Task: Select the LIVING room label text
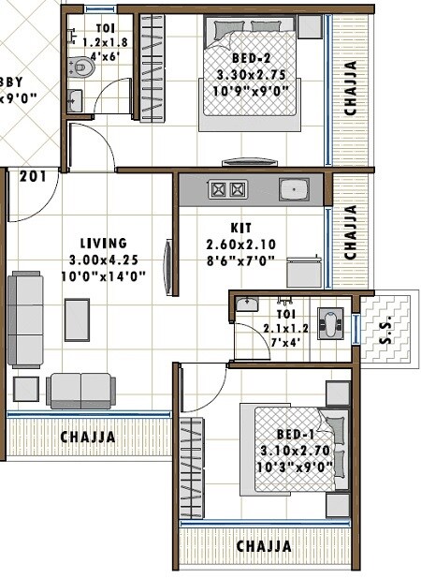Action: pyautogui.click(x=103, y=243)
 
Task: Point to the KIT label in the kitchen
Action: pyautogui.click(x=240, y=228)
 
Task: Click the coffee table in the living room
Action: pyautogui.click(x=77, y=319)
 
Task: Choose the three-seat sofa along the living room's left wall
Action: pyautogui.click(x=25, y=319)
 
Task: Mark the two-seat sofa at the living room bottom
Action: pyautogui.click(x=80, y=389)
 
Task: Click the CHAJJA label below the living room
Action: pyautogui.click(x=88, y=437)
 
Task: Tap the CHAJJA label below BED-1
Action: pyautogui.click(x=263, y=546)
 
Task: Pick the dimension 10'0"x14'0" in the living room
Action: pyautogui.click(x=103, y=275)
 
